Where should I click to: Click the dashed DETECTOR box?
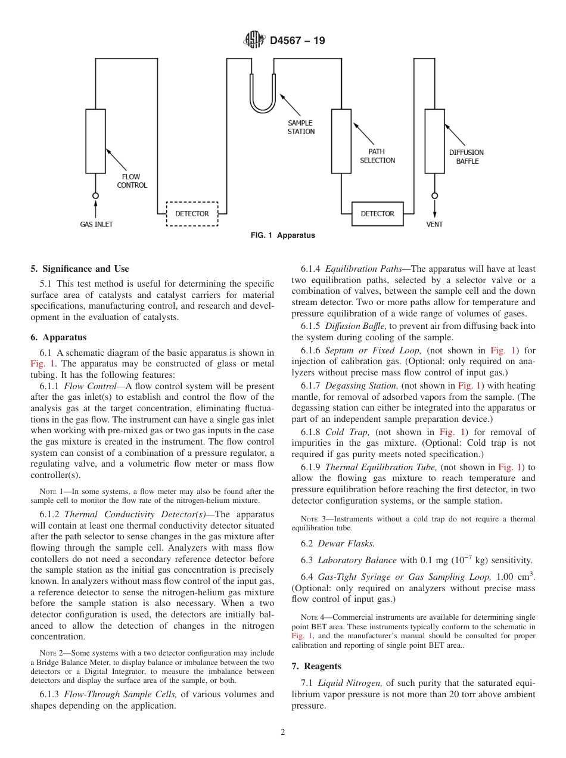pos(192,214)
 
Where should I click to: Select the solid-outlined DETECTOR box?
pos(377,213)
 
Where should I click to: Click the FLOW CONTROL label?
pos(132,181)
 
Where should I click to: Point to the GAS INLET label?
pos(97,225)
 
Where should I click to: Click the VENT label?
pos(434,225)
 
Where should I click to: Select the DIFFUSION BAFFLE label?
pos(467,157)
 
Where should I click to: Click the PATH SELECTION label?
pos(377,156)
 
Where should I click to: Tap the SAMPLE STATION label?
pos(301,127)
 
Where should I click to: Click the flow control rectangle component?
pos(95,141)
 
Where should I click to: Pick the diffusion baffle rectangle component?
pos(434,141)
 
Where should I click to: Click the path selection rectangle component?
pos(341,141)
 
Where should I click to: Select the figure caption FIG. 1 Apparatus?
pos(283,235)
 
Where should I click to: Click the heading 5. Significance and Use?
pos(80,269)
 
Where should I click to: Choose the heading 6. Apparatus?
pos(58,337)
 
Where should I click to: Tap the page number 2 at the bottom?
pos(283,732)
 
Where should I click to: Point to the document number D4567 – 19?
pos(297,41)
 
